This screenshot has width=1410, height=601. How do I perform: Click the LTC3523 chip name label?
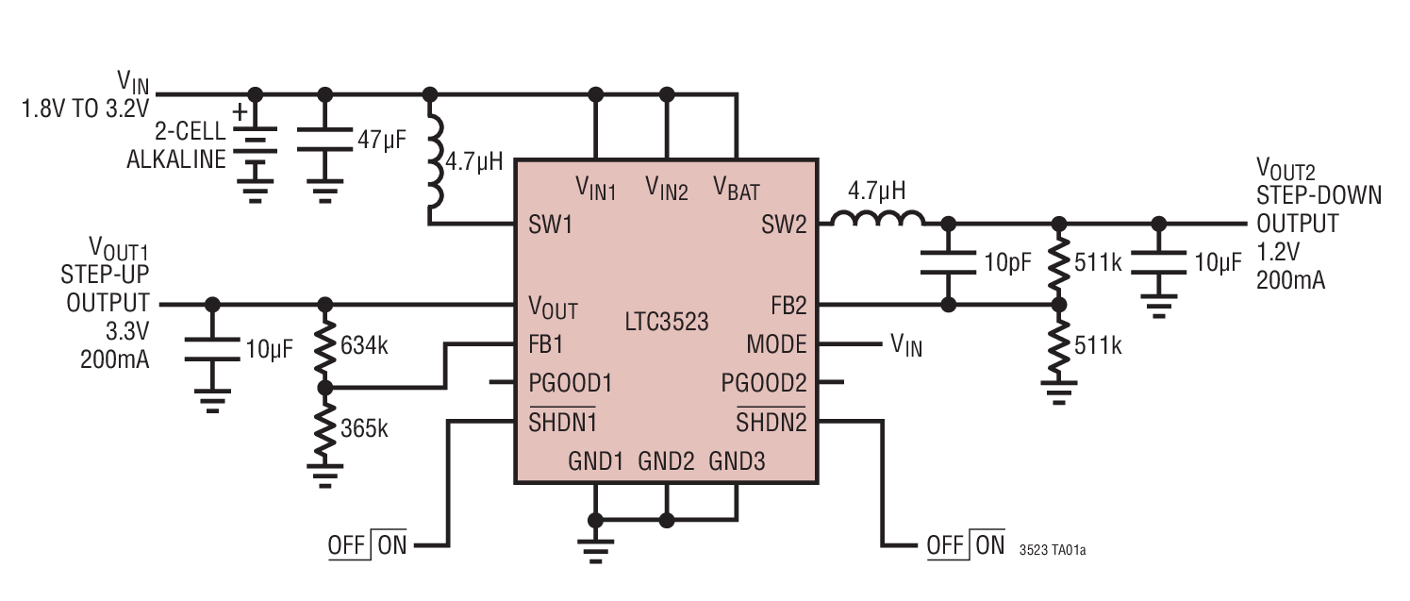click(x=667, y=320)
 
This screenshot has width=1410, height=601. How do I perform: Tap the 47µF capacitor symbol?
click(x=325, y=142)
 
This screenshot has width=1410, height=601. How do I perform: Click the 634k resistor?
click(x=325, y=346)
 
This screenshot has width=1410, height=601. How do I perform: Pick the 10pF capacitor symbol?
click(x=949, y=263)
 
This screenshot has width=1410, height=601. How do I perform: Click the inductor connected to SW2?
click(x=877, y=221)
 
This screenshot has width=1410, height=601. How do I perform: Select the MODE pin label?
click(x=776, y=343)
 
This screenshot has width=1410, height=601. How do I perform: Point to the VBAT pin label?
click(x=737, y=187)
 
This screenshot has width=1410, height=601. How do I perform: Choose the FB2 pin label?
click(x=789, y=306)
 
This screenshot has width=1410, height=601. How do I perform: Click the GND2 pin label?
click(x=666, y=461)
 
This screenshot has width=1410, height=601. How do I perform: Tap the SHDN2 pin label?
click(x=771, y=422)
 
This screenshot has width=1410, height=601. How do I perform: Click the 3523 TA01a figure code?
click(x=1053, y=548)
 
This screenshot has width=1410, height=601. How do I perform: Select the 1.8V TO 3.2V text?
click(x=85, y=107)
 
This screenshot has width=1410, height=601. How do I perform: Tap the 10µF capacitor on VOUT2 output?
click(x=1159, y=263)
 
